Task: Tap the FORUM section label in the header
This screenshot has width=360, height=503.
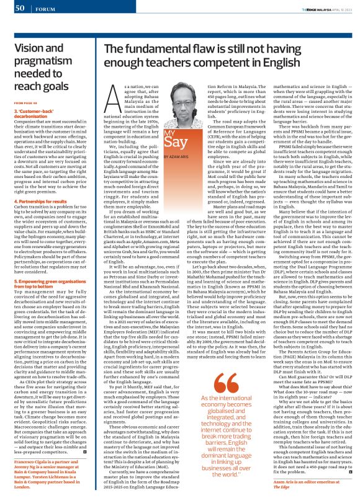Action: click(45, 8)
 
